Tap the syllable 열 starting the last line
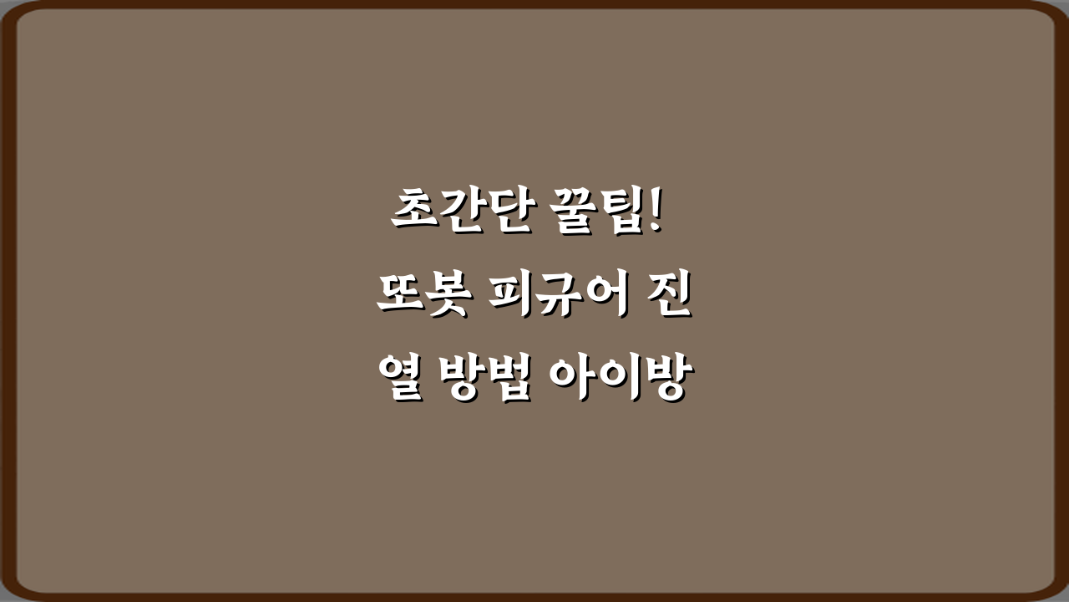click(x=398, y=380)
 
